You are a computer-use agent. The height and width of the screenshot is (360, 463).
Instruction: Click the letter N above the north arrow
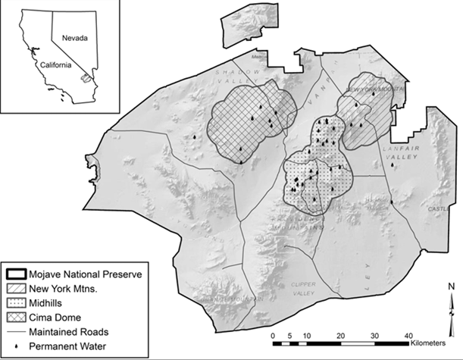(451, 286)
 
